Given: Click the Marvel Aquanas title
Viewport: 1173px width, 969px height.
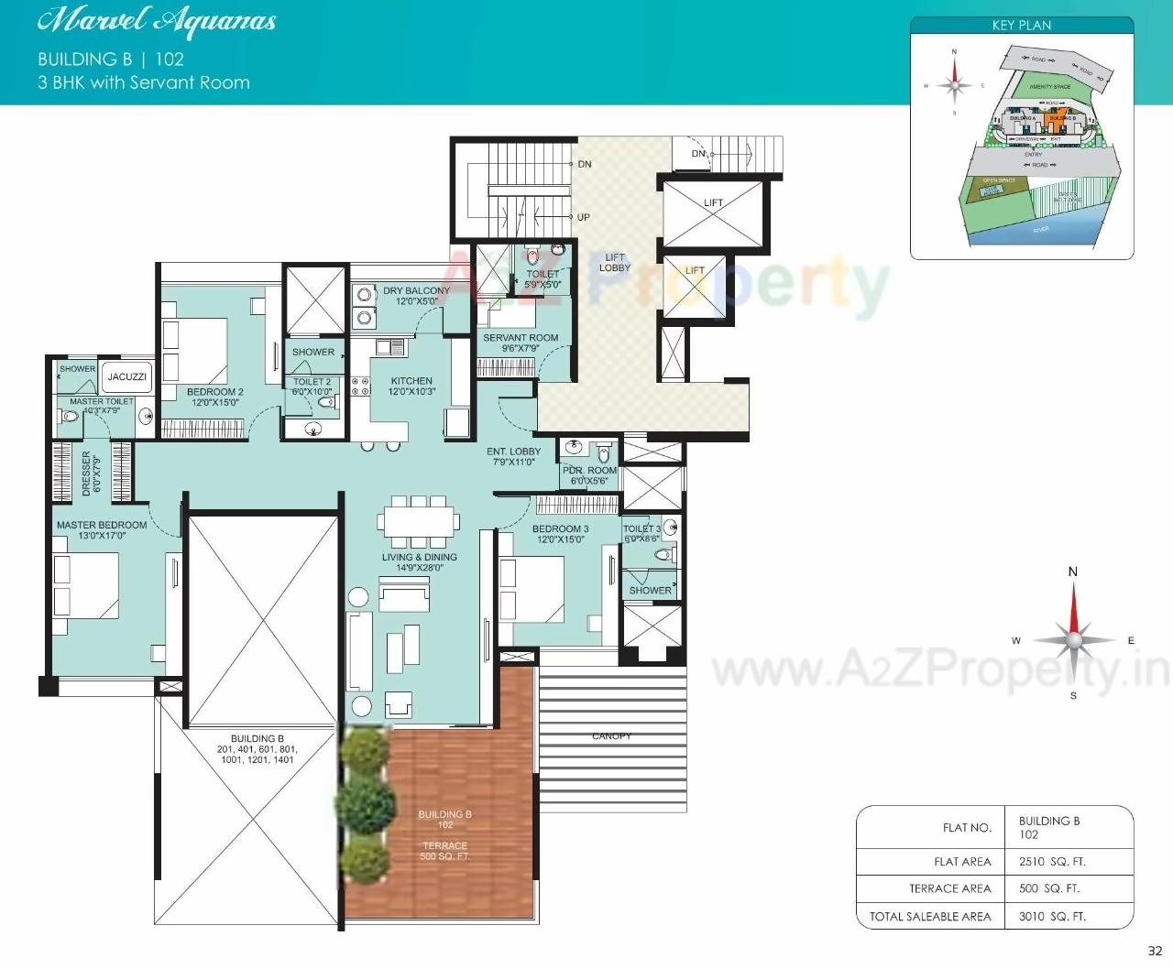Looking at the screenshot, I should point(157,21).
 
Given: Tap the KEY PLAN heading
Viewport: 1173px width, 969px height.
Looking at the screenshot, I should point(1022,26).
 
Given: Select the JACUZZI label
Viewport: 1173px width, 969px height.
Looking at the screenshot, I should point(126,376).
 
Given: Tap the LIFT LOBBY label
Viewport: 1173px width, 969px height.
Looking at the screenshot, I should point(615,263).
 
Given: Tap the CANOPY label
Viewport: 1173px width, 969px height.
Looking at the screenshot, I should point(611,735).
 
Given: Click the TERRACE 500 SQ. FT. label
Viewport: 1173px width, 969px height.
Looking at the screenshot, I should point(444,851).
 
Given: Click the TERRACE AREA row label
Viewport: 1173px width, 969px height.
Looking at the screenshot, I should point(949,888).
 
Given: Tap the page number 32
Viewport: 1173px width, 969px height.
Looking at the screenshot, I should point(1155,951).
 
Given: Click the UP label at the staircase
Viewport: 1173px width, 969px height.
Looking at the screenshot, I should point(584,217).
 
